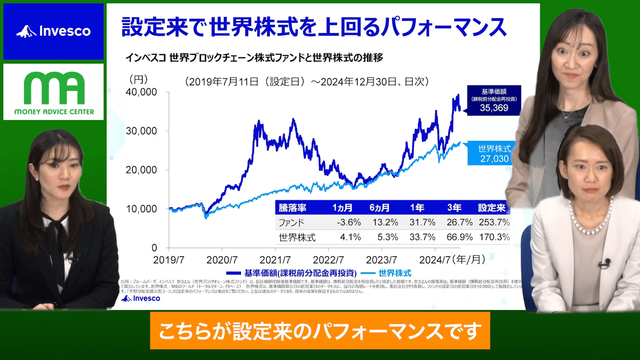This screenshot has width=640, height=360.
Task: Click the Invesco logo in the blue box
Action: tap(53, 31)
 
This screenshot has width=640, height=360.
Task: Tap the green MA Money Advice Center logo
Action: tap(53, 91)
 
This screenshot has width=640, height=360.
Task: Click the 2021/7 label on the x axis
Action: tap(276, 260)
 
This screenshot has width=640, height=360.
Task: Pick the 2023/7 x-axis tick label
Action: tap(382, 260)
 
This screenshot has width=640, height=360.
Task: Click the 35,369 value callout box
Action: tap(486, 99)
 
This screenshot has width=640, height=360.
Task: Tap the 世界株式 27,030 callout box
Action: tap(488, 154)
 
